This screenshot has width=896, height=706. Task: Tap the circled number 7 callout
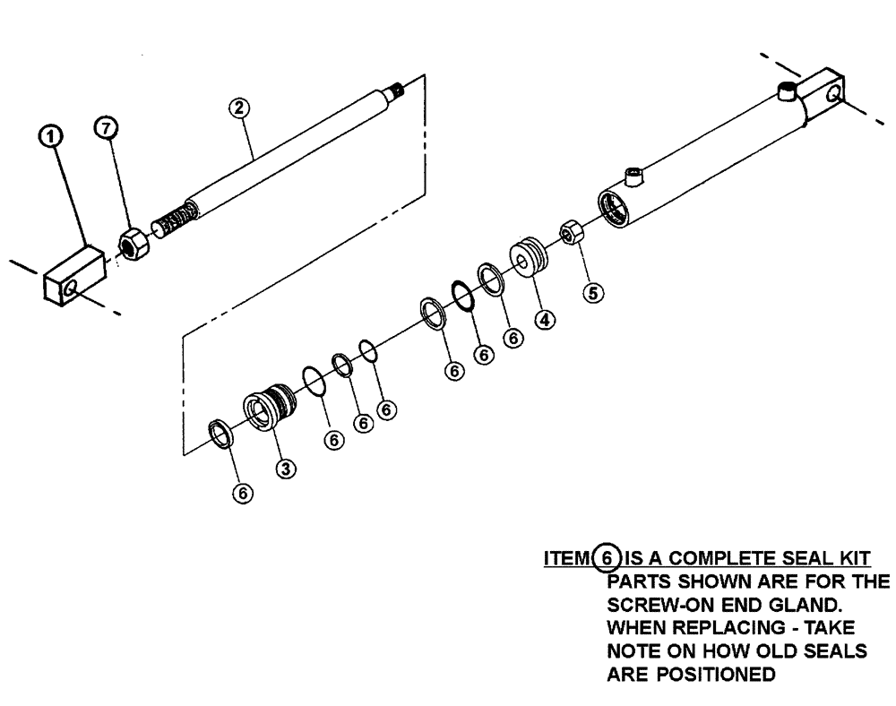point(107,131)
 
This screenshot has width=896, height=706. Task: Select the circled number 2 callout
point(237,108)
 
